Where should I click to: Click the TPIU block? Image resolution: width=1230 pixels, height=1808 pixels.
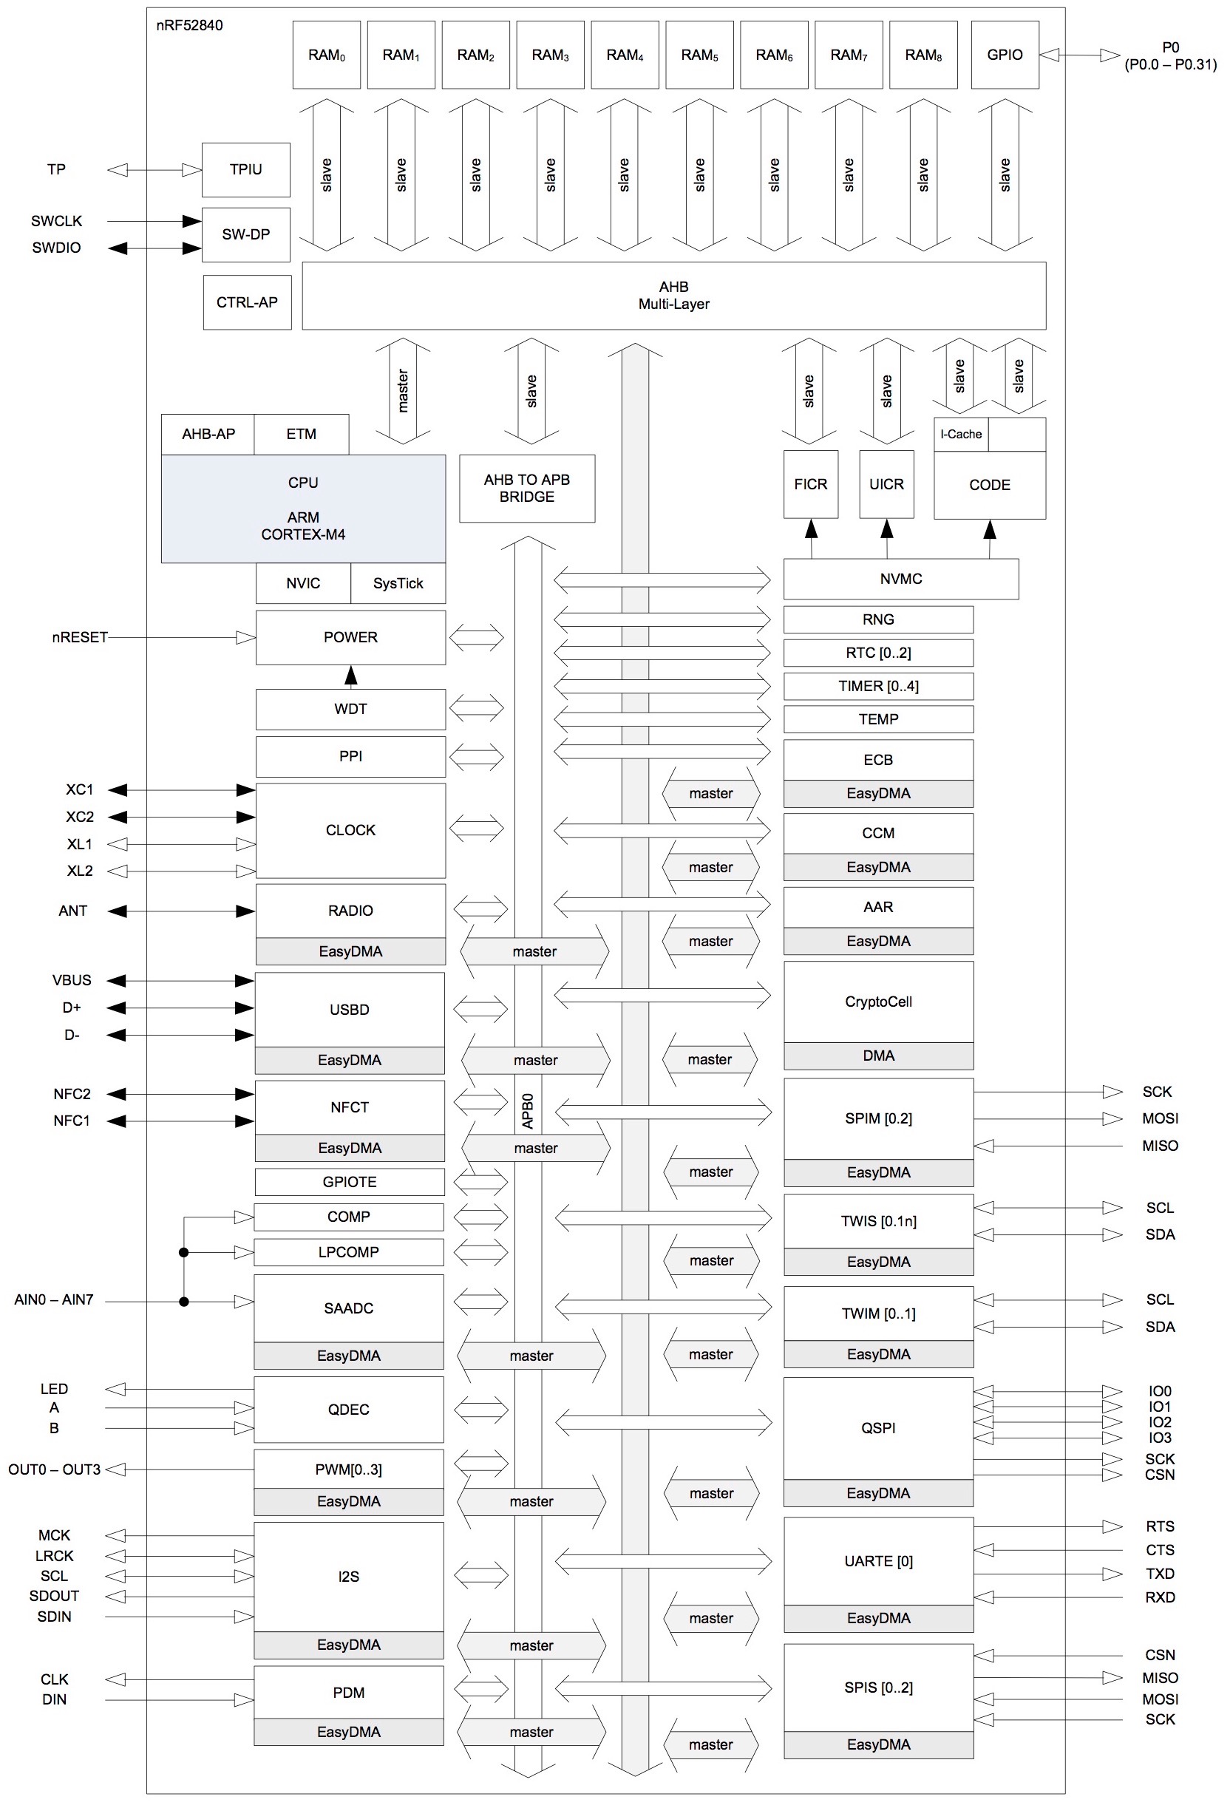(246, 169)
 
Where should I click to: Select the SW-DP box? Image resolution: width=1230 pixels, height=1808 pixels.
(246, 234)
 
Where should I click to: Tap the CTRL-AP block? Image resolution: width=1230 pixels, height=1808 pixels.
(247, 302)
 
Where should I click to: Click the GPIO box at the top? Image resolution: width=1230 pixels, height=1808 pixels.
(1005, 55)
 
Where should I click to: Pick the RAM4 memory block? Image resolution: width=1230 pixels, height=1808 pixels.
(625, 55)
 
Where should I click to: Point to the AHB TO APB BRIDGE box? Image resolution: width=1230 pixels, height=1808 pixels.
(527, 489)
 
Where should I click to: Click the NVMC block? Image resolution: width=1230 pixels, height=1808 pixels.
(901, 579)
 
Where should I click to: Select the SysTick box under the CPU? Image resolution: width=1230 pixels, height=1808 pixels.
(398, 583)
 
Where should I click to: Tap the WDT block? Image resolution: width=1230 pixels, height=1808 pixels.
(350, 709)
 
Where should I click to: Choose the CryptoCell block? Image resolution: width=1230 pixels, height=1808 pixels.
(878, 1002)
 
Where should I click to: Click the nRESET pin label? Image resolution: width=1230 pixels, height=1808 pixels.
(79, 637)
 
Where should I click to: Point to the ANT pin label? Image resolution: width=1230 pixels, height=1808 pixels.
(73, 910)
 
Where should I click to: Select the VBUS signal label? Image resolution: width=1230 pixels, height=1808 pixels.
(72, 980)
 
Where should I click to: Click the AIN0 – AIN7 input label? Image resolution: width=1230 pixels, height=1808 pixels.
(54, 1300)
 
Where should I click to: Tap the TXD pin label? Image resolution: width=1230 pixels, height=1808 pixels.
(1159, 1574)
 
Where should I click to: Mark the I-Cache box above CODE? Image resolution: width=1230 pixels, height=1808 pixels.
(961, 434)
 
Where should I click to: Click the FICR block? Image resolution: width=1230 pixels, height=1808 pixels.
(811, 484)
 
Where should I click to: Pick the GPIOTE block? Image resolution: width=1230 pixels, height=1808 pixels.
(350, 1182)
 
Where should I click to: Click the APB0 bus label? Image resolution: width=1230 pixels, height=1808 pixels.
(529, 1111)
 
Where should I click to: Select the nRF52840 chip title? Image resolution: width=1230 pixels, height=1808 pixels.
(189, 25)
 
